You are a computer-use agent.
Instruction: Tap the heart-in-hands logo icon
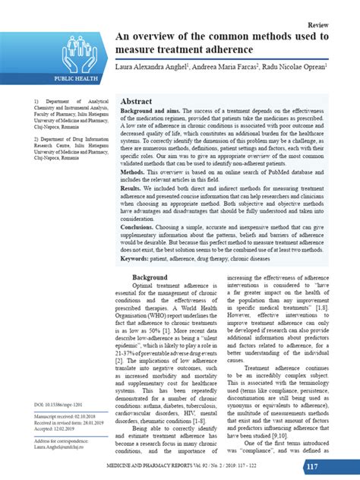click(x=74, y=49)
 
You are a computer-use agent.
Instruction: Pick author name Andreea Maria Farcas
click(x=226, y=68)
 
